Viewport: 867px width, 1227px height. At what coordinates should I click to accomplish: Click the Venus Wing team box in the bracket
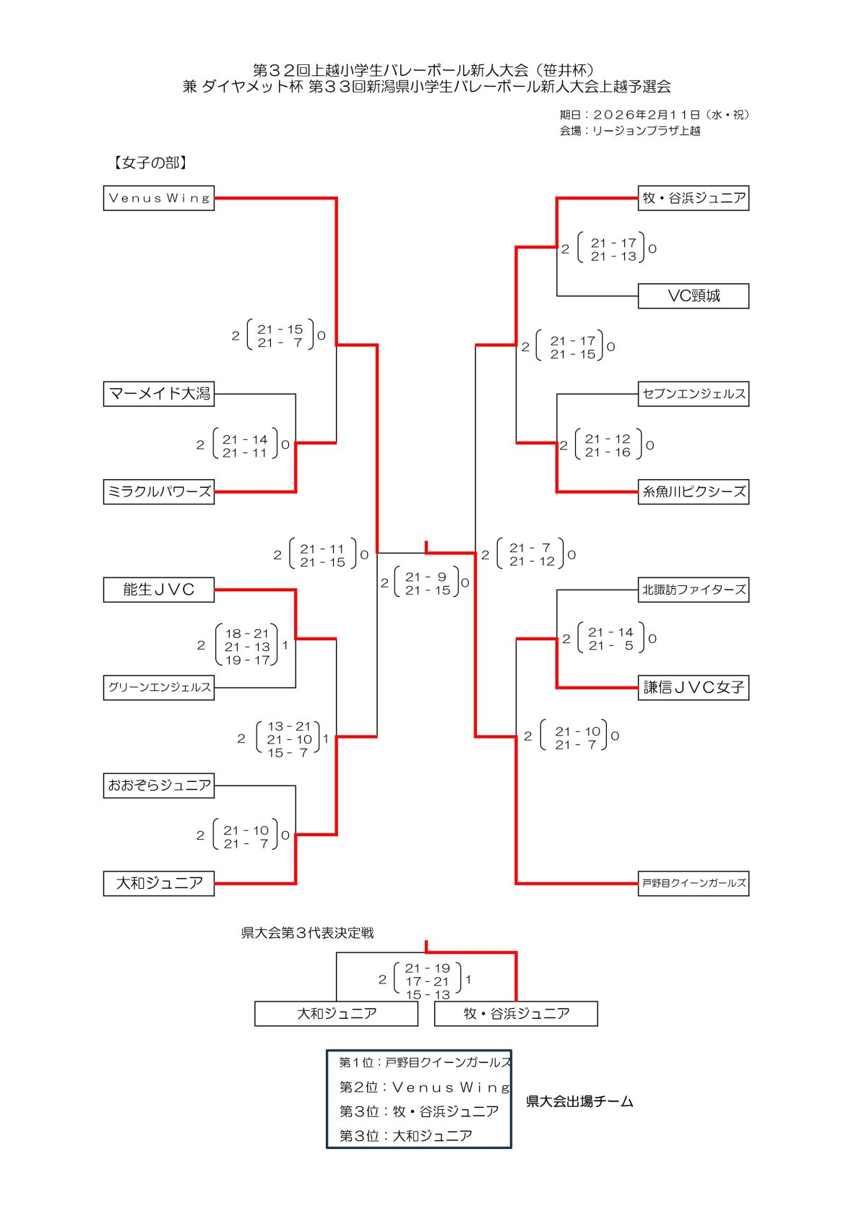click(159, 198)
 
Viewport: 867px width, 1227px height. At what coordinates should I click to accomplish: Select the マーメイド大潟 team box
click(159, 394)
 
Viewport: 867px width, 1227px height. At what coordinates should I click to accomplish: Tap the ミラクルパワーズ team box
click(159, 492)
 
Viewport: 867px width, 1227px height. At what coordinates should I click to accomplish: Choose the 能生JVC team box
click(159, 590)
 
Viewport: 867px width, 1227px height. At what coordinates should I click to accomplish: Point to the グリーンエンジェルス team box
click(159, 687)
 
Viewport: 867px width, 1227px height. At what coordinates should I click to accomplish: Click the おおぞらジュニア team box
click(159, 785)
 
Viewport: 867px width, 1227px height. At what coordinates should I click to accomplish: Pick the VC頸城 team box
click(693, 296)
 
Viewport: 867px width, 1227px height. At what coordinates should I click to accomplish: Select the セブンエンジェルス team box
click(693, 394)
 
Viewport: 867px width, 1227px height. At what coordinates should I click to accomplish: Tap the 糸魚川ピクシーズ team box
click(693, 492)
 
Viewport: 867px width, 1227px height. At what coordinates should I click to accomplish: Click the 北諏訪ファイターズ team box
click(693, 590)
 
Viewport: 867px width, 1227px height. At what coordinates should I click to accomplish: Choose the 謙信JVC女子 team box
click(693, 687)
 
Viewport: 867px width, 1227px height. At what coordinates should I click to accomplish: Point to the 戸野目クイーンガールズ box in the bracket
click(693, 883)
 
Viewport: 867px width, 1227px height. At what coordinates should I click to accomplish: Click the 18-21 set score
click(246, 634)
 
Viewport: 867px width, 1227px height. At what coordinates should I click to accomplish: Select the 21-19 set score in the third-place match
click(427, 968)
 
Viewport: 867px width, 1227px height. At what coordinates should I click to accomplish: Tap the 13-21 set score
click(288, 726)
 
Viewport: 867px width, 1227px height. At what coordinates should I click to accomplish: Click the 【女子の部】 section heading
click(150, 163)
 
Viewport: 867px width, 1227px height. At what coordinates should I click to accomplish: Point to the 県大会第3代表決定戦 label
click(307, 933)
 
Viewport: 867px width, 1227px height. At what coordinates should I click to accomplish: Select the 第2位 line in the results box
click(425, 1088)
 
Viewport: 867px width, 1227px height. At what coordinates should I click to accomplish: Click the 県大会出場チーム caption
click(579, 1102)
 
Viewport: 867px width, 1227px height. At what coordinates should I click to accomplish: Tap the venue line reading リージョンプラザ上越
click(629, 131)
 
